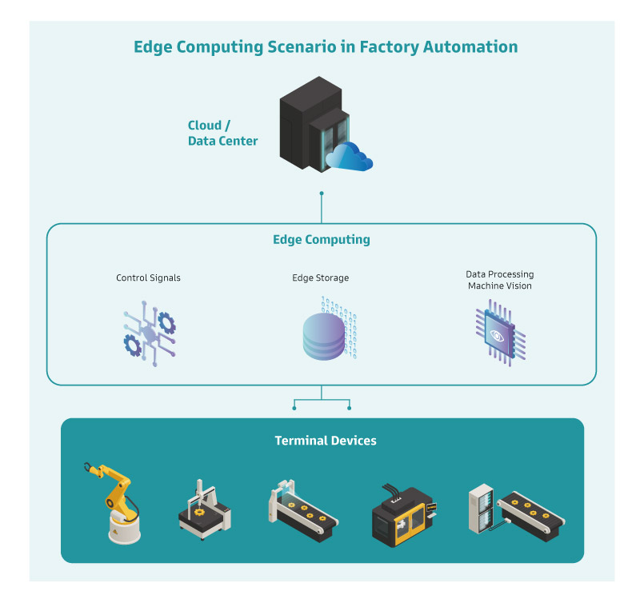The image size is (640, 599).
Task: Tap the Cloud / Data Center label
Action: (x=222, y=134)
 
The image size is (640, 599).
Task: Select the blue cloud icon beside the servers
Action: (x=350, y=156)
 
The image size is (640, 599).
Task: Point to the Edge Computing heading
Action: (x=322, y=239)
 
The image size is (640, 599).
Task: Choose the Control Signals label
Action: (x=148, y=278)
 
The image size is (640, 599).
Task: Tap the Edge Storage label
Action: (x=320, y=278)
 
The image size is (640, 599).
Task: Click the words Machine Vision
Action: (x=499, y=286)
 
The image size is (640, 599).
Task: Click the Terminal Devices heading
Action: (x=325, y=441)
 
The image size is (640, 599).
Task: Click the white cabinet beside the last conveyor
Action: (x=482, y=508)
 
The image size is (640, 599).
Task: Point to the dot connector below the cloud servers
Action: (x=322, y=194)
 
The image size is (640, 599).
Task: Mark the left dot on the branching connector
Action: (x=294, y=408)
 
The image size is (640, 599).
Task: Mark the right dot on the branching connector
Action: (x=350, y=408)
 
